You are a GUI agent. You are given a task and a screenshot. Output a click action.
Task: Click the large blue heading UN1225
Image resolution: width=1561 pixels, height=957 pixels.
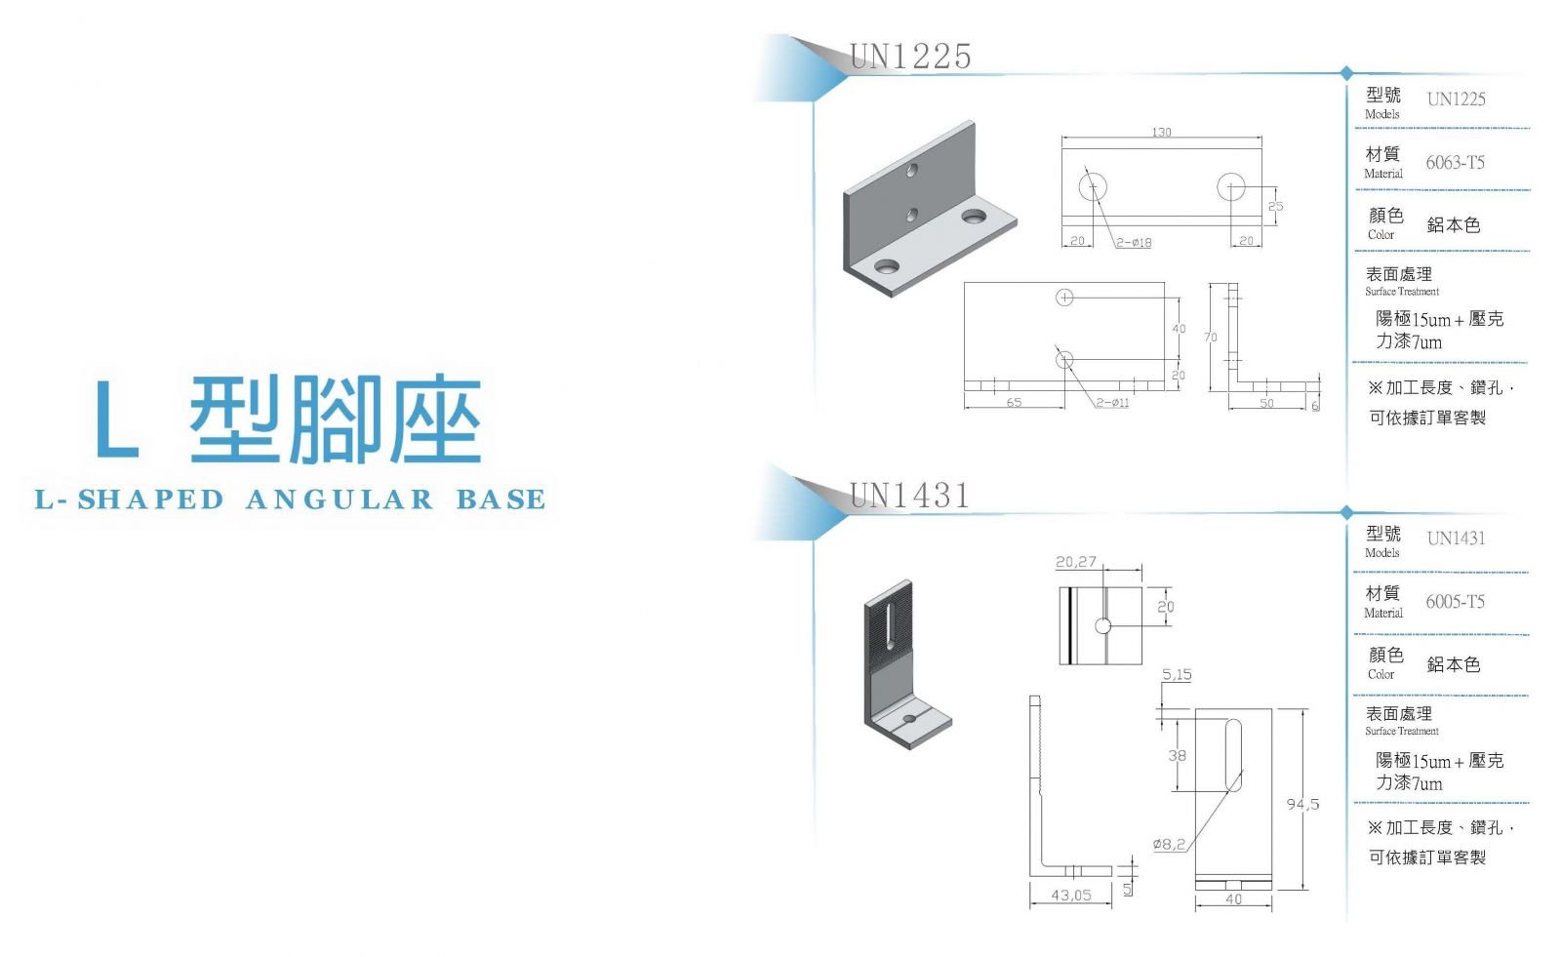[910, 57]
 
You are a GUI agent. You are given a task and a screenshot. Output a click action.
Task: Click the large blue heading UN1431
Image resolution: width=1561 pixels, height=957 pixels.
[909, 496]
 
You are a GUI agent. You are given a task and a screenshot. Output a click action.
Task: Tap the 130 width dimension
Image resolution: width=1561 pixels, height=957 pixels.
[1161, 132]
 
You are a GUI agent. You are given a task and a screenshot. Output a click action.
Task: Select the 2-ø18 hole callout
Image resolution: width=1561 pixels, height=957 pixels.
[1134, 243]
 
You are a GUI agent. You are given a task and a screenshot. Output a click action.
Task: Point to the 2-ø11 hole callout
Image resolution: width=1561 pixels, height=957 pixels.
[1112, 402]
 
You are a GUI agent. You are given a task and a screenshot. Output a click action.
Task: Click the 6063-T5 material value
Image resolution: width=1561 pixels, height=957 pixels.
[1455, 162]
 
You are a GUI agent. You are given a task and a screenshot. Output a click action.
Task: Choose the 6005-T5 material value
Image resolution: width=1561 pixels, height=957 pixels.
[1455, 602]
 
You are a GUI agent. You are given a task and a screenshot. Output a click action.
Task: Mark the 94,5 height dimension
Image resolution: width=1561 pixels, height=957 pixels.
[1302, 805]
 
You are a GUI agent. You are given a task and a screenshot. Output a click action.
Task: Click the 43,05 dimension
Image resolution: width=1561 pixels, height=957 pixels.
[1071, 895]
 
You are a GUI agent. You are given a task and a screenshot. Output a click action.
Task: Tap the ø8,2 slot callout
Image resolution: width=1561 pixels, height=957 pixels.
[1169, 844]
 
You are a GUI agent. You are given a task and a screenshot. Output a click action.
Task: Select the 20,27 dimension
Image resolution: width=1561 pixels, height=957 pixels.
[1076, 561]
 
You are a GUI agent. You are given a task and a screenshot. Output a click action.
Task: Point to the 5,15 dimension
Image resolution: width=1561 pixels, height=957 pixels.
[1177, 674]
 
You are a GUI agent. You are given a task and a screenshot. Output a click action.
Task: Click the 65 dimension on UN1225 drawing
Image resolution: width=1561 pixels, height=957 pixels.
[1014, 402]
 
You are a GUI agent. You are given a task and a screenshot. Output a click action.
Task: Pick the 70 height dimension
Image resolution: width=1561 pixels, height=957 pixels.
[1211, 338]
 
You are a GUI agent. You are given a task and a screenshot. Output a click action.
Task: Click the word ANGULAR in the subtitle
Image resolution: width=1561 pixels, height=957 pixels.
[340, 499]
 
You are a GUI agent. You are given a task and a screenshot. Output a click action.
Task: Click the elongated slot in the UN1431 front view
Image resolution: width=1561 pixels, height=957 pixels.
[1233, 756]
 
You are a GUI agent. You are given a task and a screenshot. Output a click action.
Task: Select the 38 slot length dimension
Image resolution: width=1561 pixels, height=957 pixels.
[1177, 756]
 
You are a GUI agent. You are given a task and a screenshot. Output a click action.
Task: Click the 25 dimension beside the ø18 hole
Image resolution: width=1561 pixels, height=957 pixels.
[1275, 206]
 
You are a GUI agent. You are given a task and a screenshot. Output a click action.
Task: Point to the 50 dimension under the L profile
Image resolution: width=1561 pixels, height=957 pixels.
[1267, 403]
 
